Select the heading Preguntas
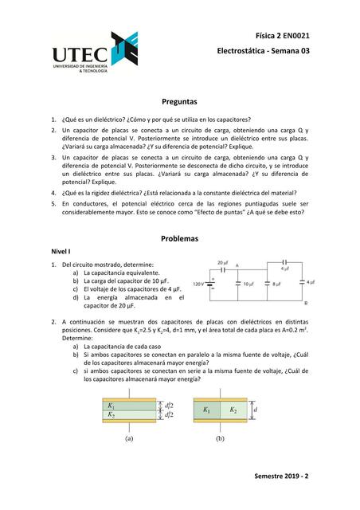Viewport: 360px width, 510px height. click(x=179, y=102)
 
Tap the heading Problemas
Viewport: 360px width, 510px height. click(x=179, y=238)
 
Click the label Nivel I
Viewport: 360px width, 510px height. click(x=62, y=251)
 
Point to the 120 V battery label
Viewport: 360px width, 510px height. click(x=198, y=284)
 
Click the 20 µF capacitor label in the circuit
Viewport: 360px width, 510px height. click(x=225, y=262)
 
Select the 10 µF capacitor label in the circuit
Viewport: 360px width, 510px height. click(x=248, y=284)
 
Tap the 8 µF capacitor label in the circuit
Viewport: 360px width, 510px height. click(x=277, y=284)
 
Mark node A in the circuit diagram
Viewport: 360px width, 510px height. click(x=238, y=266)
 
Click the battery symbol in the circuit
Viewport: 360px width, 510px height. click(x=212, y=284)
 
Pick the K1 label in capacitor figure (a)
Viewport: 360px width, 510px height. click(x=111, y=406)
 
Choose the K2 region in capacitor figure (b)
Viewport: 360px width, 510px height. click(x=233, y=410)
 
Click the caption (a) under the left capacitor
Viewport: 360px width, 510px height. click(x=128, y=437)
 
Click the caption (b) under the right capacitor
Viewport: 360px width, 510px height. click(x=220, y=437)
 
